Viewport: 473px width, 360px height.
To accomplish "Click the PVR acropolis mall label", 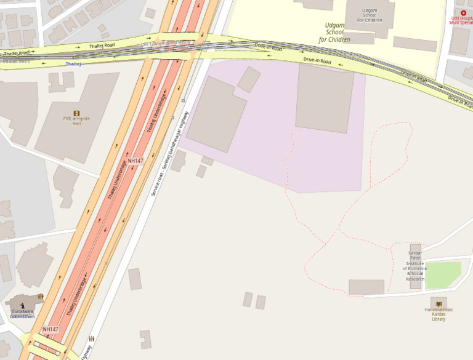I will [x=76, y=121].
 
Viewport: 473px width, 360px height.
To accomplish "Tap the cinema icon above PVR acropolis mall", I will [x=76, y=113].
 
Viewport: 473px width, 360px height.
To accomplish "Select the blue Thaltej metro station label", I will [x=73, y=64].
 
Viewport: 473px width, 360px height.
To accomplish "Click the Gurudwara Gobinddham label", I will [x=23, y=314].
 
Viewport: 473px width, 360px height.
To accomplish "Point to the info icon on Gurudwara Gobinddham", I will [x=23, y=305].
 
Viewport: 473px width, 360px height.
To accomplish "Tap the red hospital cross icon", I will [x=463, y=12].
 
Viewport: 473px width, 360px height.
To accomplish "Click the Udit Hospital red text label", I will [x=462, y=20].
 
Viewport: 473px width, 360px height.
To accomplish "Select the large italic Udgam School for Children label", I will [x=334, y=33].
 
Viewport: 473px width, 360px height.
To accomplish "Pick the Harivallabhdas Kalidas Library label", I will [x=439, y=314].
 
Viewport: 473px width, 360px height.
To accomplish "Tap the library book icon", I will [x=439, y=304].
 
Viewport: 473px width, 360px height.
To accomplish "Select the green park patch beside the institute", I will [x=443, y=275].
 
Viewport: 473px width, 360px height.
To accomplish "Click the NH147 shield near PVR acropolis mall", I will [x=135, y=161].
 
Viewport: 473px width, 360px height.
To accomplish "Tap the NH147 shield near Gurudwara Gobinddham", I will [x=51, y=329].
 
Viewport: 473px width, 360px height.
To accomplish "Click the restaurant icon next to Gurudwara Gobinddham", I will [x=41, y=296].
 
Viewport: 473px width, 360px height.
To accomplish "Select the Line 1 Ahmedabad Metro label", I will [x=165, y=43].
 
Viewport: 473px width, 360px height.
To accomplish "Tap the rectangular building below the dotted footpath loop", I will [x=366, y=287].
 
